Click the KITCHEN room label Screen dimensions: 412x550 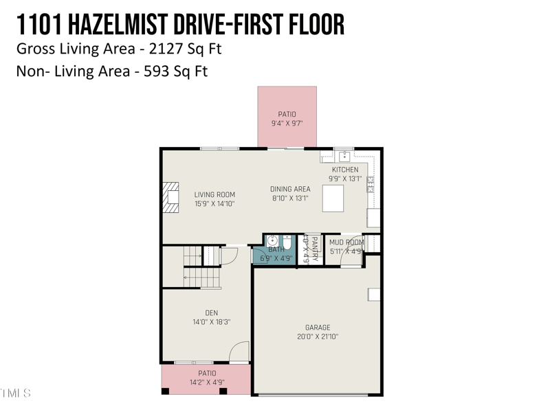pyautogui.click(x=345, y=170)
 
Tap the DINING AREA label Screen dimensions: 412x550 pyautogui.click(x=290, y=189)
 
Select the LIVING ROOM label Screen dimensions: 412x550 pyautogui.click(x=214, y=194)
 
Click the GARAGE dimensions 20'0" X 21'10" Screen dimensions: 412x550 pyautogui.click(x=318, y=336)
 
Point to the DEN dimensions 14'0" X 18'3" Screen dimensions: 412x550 pyautogui.click(x=211, y=321)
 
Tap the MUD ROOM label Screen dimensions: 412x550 pyautogui.click(x=346, y=242)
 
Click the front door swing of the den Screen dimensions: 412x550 pyautogui.click(x=239, y=352)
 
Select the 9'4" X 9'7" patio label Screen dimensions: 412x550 pyautogui.click(x=287, y=124)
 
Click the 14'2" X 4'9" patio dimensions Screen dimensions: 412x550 pyautogui.click(x=207, y=382)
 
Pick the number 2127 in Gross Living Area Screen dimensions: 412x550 pyautogui.click(x=167, y=49)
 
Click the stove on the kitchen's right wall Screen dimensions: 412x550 pyautogui.click(x=371, y=184)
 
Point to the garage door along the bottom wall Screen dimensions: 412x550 pyautogui.click(x=317, y=395)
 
